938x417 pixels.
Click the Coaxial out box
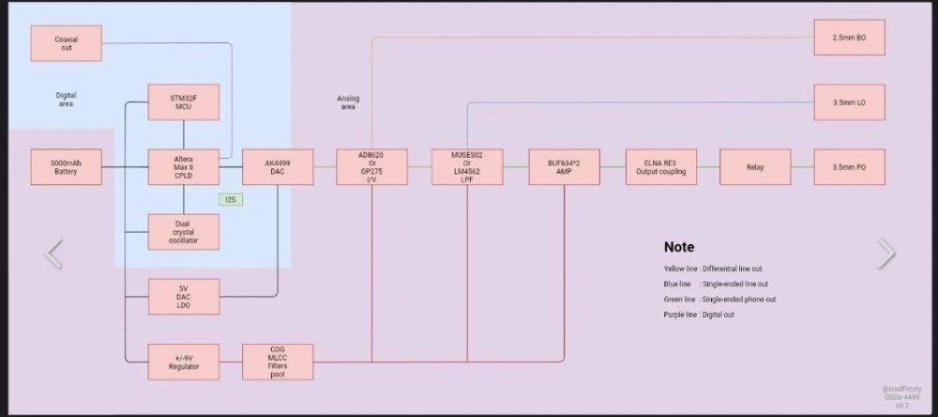pyautogui.click(x=66, y=43)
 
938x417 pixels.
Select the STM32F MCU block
pyautogui.click(x=184, y=102)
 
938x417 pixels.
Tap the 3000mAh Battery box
pyautogui.click(x=66, y=167)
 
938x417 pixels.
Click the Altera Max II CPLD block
pyautogui.click(x=184, y=167)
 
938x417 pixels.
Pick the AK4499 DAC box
pyautogui.click(x=278, y=167)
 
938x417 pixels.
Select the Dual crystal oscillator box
pyautogui.click(x=184, y=232)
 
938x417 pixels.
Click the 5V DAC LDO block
pyautogui.click(x=184, y=297)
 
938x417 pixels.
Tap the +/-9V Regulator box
pyautogui.click(x=184, y=362)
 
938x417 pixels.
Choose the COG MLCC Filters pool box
pyautogui.click(x=278, y=362)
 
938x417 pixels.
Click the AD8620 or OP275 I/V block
pyautogui.click(x=372, y=167)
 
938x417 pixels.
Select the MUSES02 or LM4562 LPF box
pyautogui.click(x=467, y=167)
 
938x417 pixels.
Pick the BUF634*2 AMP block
pyautogui.click(x=563, y=167)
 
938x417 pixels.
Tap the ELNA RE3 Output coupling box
pyautogui.click(x=658, y=167)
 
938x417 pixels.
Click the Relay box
pyautogui.click(x=755, y=167)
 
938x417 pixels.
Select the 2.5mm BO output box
pyautogui.click(x=849, y=38)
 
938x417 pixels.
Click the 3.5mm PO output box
pyautogui.click(x=849, y=167)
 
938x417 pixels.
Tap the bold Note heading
pyautogui.click(x=678, y=247)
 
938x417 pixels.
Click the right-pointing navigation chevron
pyautogui.click(x=885, y=253)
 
